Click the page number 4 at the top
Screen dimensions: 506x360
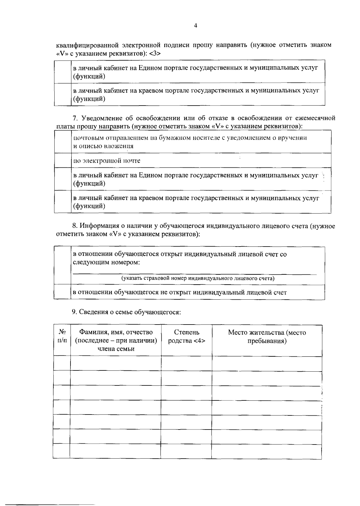click(x=196, y=26)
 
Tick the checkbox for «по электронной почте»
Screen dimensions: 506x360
click(x=63, y=160)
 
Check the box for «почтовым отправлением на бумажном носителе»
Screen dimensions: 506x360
click(x=63, y=142)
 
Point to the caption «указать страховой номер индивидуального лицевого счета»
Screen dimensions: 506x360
click(x=198, y=278)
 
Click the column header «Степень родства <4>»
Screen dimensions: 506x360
click(x=186, y=337)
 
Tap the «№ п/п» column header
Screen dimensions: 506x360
click(x=62, y=337)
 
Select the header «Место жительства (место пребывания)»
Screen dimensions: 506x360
click(x=267, y=337)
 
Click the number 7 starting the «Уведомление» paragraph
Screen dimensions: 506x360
click(x=75, y=118)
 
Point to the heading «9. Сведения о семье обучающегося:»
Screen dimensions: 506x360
click(x=126, y=312)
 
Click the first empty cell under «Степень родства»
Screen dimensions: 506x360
click(x=186, y=364)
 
